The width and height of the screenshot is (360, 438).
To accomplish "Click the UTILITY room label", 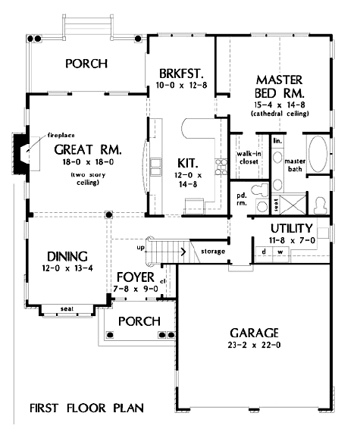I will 292,228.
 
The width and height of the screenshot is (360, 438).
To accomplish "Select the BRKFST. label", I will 181,74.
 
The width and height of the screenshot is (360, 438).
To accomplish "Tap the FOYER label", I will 136,276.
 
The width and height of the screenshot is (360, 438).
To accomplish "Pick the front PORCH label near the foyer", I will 139,321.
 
